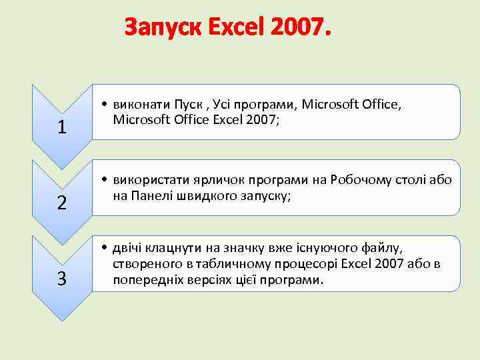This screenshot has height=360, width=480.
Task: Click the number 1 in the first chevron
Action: [x=61, y=127]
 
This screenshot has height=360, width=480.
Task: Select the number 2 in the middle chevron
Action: [x=61, y=203]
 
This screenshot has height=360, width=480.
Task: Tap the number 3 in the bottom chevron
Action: [x=61, y=279]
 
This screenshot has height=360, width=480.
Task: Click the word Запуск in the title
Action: [x=163, y=28]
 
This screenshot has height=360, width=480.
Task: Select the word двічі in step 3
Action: [x=129, y=249]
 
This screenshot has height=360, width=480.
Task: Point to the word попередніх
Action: [x=145, y=279]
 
